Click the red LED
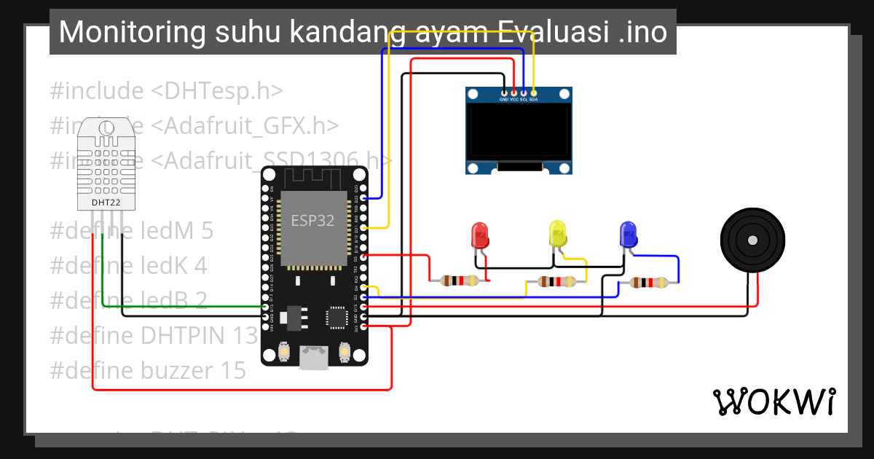click(480, 235)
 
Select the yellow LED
click(557, 235)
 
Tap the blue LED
click(627, 235)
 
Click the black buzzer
click(752, 240)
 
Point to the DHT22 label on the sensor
click(106, 202)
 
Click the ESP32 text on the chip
click(312, 220)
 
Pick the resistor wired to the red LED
click(459, 280)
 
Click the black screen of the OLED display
click(519, 133)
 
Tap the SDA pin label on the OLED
click(533, 99)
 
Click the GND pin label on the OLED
click(504, 99)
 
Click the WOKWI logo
click(773, 401)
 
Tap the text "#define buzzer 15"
click(148, 370)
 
